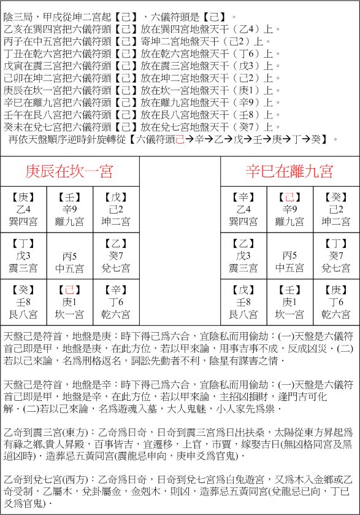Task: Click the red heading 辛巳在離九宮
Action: click(289, 171)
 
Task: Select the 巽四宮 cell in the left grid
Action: click(23, 209)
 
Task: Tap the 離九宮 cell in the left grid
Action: click(70, 209)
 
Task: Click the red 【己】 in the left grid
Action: click(70, 290)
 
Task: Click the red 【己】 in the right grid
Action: click(289, 197)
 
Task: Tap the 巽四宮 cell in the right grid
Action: click(243, 209)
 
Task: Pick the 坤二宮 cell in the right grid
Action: click(335, 209)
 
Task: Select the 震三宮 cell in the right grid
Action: click(243, 256)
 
